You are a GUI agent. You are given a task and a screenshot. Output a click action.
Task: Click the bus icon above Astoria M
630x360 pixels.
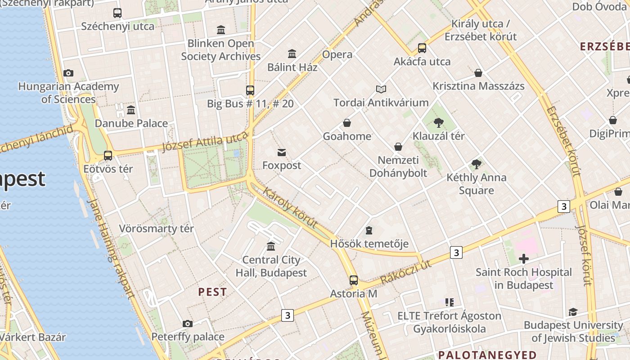click(354, 280)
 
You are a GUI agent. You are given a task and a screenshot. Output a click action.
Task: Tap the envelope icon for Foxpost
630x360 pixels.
click(282, 153)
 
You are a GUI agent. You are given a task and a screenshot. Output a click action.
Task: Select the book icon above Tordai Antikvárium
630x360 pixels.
click(381, 90)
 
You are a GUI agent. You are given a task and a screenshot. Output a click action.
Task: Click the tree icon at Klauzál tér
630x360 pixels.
click(439, 123)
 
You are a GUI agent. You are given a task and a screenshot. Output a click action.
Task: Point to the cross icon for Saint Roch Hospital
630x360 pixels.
click(523, 259)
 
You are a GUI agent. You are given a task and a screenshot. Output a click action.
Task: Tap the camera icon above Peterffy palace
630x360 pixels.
click(188, 324)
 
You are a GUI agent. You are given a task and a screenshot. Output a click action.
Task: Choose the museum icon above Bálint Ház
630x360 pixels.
click(292, 54)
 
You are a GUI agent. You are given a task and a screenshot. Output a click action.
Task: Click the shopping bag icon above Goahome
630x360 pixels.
click(347, 123)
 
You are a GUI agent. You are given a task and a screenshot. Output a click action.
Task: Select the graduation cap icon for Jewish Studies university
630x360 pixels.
click(573, 312)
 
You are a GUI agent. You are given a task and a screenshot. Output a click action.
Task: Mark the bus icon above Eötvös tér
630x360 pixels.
click(108, 156)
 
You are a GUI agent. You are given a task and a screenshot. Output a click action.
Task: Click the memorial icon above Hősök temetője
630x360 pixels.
click(369, 231)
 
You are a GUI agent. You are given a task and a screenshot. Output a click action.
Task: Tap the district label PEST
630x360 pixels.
click(212, 292)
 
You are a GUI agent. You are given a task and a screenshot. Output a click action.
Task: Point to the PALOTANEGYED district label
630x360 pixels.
click(487, 355)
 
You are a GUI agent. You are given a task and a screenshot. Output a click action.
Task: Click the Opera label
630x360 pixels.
click(337, 54)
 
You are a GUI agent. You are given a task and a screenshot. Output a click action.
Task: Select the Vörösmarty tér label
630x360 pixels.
click(156, 229)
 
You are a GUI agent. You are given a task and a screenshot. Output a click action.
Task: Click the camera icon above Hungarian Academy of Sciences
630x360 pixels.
click(68, 73)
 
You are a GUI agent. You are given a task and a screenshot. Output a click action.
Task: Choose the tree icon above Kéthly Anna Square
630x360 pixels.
click(476, 164)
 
